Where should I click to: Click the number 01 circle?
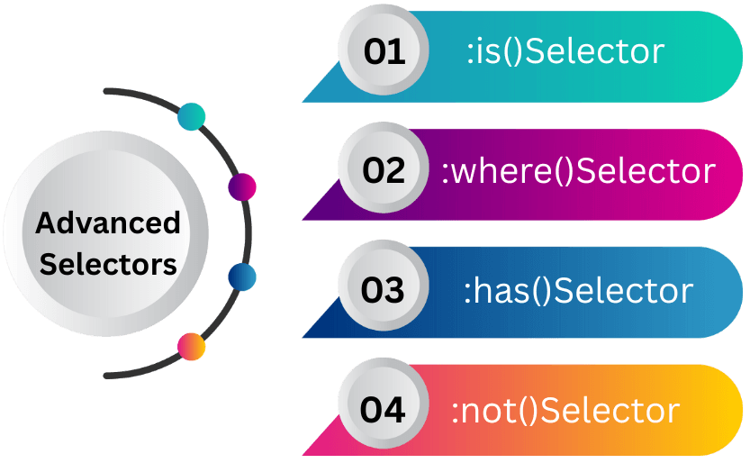tap(384, 53)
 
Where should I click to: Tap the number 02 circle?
tap(384, 171)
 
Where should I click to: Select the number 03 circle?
tap(384, 290)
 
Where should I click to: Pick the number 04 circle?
tap(384, 410)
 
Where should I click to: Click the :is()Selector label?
tap(565, 52)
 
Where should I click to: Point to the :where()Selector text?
tap(578, 171)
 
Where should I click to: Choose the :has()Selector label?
tap(578, 290)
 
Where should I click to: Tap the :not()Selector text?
tap(565, 411)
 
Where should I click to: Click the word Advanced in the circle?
tap(108, 222)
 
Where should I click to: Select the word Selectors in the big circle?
tap(108, 265)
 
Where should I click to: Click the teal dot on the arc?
tap(192, 116)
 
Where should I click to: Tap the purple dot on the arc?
tap(242, 187)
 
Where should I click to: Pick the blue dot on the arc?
tap(242, 277)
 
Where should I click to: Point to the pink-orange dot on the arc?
tap(192, 346)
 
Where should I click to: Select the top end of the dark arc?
tap(107, 90)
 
